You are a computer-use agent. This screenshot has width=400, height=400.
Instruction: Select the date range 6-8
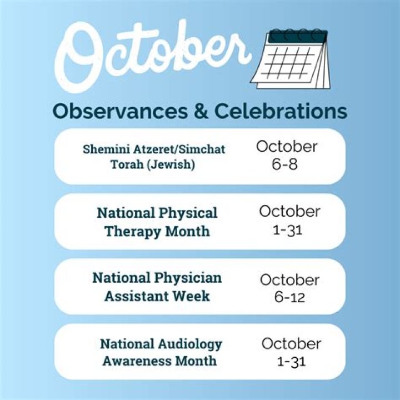tap(287, 164)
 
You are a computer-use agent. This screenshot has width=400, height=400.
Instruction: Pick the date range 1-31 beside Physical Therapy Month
tap(289, 229)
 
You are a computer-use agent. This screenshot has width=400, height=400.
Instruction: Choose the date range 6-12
tap(289, 297)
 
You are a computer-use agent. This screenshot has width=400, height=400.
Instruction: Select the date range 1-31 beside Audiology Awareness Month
tap(291, 362)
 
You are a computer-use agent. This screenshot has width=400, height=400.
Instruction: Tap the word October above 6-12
tap(289, 279)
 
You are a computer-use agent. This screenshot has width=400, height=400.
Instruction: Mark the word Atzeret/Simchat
tap(177, 149)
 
